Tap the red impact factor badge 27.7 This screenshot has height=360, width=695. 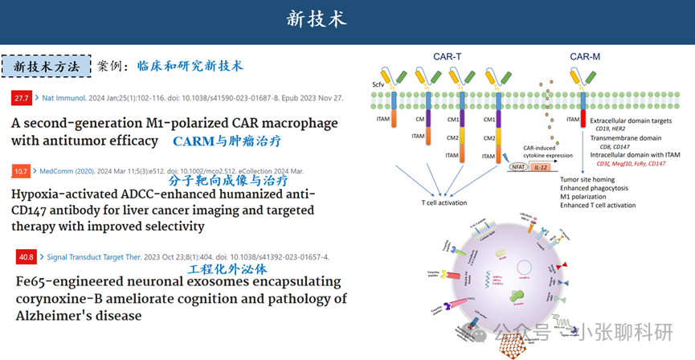[x=21, y=99]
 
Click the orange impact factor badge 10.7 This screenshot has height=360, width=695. [x=21, y=171]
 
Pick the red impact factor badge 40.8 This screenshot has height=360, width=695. [x=25, y=257]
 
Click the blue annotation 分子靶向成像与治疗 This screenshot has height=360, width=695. [x=228, y=181]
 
